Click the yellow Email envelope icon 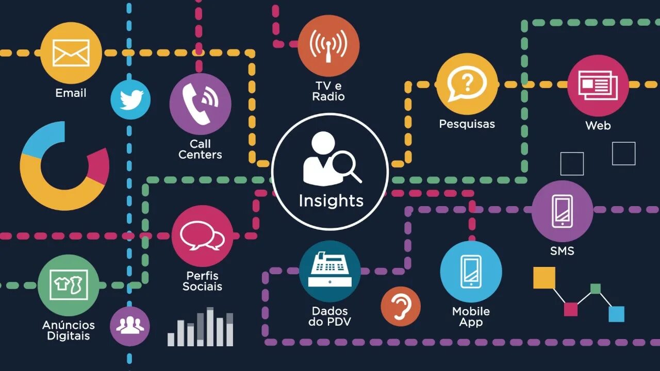(x=71, y=53)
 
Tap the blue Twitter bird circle (x=130, y=100)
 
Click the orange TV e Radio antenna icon (x=328, y=46)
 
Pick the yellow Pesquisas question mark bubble (x=467, y=84)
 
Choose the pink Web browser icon (x=598, y=86)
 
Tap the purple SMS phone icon (x=562, y=211)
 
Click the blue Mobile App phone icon (x=471, y=272)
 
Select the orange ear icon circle (x=401, y=306)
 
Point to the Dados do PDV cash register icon (x=329, y=271)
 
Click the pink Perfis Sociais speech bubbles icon (x=202, y=236)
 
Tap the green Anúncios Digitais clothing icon (x=69, y=285)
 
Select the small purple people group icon (x=130, y=326)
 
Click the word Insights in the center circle (x=331, y=200)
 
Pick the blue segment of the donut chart (x=43, y=139)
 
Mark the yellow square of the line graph (x=544, y=278)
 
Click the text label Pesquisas (x=467, y=124)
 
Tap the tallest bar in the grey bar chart (x=210, y=327)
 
